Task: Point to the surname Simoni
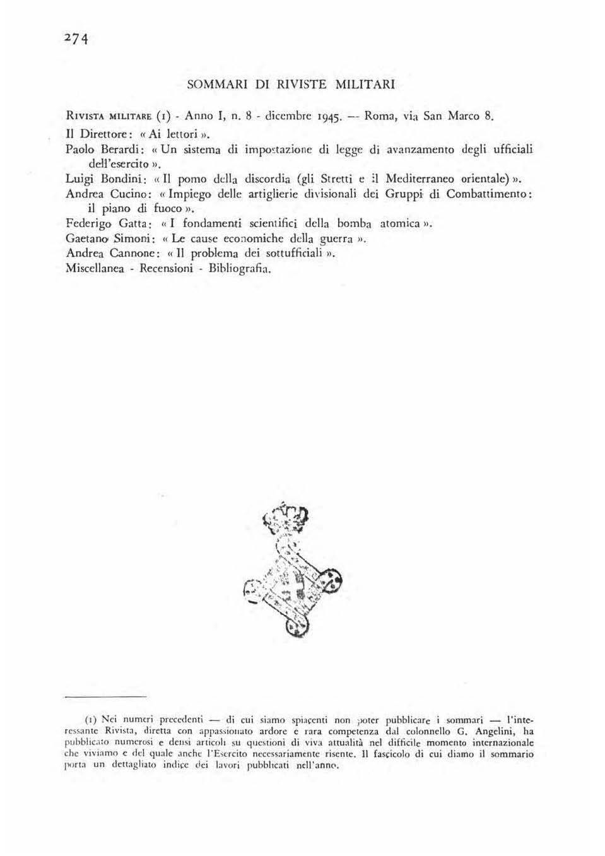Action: coord(130,239)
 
